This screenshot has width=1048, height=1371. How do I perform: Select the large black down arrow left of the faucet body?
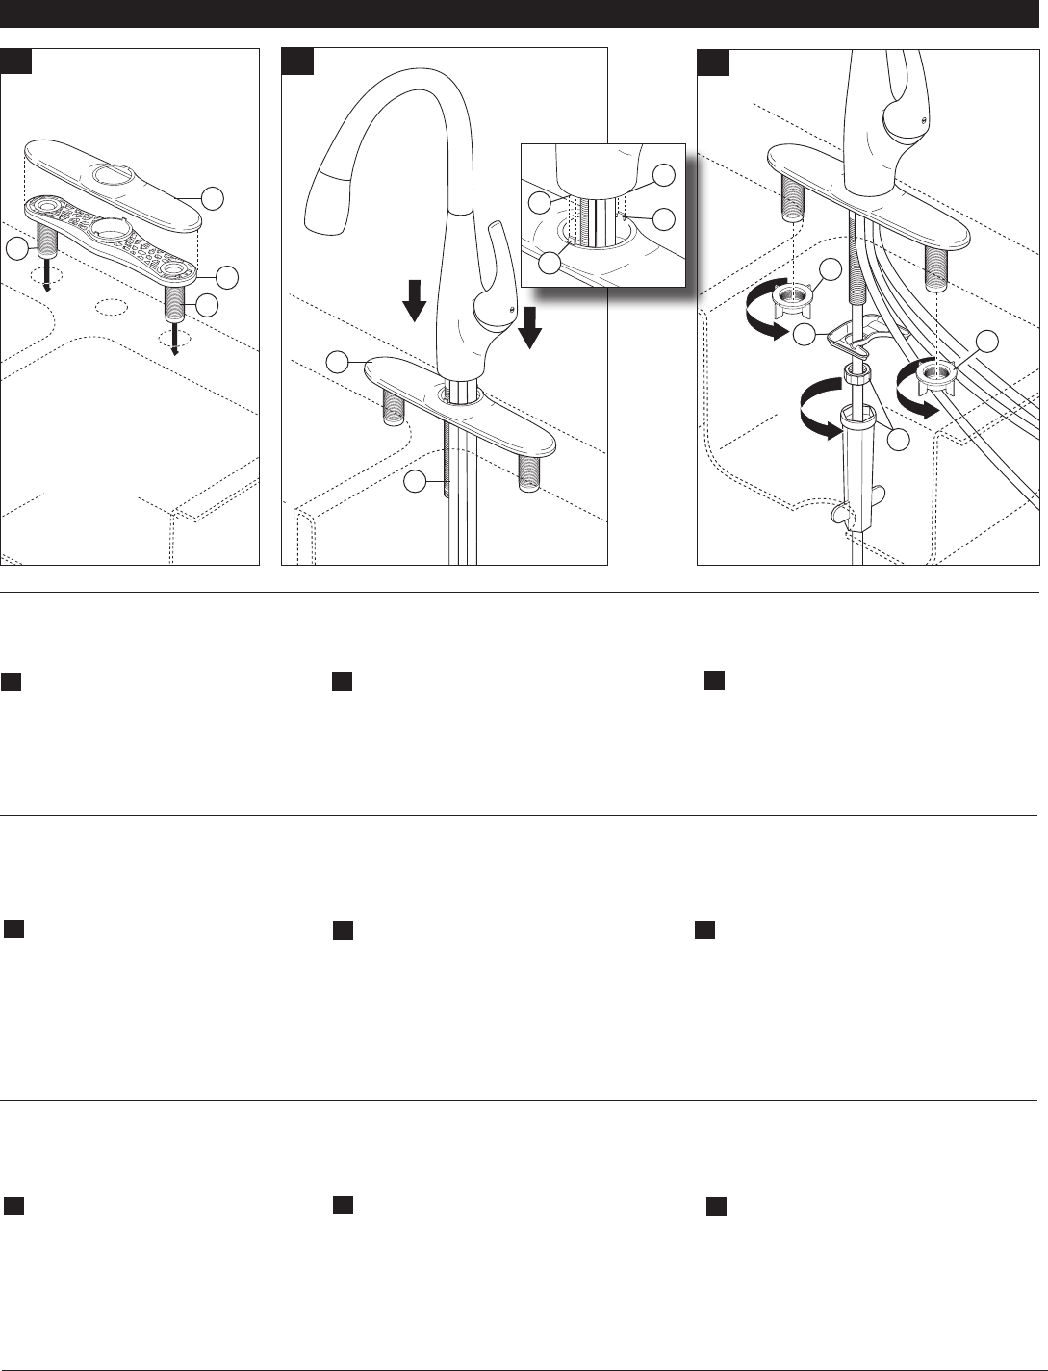pos(415,300)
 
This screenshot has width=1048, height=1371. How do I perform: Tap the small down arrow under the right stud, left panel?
pos(175,341)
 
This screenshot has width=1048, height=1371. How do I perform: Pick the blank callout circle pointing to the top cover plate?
pos(215,198)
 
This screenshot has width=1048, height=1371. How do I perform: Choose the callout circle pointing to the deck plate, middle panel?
pos(337,362)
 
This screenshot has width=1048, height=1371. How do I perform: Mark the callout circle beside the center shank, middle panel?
pos(415,481)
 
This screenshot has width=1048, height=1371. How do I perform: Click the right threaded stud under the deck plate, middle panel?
pos(528,474)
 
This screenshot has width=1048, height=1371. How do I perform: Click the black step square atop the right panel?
pos(713,62)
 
